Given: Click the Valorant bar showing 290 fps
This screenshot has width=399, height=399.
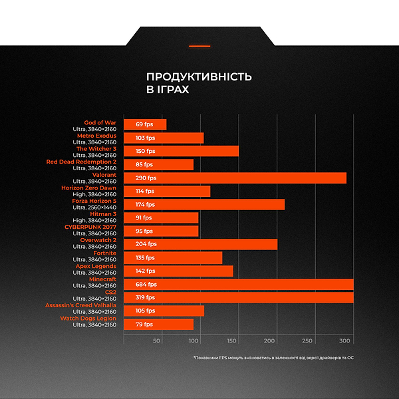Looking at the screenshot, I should tap(235, 178).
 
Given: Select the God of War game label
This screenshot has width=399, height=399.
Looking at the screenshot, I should tap(100, 122).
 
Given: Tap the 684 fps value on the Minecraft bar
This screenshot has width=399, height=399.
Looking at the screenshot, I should tap(146, 284).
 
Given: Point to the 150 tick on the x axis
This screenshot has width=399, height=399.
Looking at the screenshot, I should tap(232, 341).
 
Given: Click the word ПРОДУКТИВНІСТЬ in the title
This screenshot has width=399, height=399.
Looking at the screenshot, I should tap(199, 76).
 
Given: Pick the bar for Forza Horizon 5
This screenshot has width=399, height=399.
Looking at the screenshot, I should tap(204, 204).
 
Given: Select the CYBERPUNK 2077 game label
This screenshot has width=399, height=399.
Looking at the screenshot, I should tap(90, 227).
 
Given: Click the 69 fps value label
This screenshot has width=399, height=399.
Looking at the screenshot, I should tap(144, 124).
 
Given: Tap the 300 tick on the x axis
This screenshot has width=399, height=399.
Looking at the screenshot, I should tap(344, 341).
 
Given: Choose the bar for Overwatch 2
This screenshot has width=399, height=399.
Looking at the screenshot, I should tap(200, 244).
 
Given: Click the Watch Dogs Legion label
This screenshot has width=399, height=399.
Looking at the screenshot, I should tap(88, 319).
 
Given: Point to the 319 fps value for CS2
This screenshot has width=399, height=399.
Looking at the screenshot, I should tap(146, 297).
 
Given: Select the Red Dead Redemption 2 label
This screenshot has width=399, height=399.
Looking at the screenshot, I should tap(81, 162).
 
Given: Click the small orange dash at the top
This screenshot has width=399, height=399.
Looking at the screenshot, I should tap(199, 46).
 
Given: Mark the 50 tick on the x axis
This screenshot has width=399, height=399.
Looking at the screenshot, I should tap(157, 341).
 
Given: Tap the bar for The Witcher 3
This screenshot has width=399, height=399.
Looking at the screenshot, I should tap(181, 151).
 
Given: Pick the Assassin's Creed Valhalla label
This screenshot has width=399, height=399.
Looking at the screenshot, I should tap(80, 305).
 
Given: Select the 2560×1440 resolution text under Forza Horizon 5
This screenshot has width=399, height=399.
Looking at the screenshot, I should tap(94, 207).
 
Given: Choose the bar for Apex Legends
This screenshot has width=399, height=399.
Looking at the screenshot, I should tap(178, 271).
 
